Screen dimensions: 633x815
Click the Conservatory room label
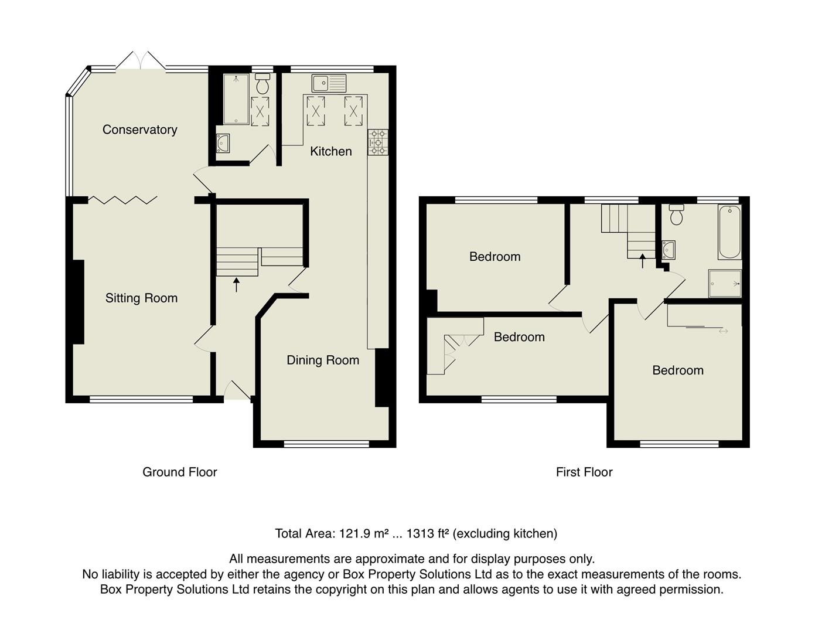pyautogui.click(x=139, y=130)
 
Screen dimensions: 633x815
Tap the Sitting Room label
pyautogui.click(x=141, y=298)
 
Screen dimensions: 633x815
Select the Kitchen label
pyautogui.click(x=330, y=151)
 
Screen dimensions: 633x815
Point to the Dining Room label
pyautogui.click(x=322, y=360)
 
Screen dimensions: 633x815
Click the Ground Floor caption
pyautogui.click(x=179, y=472)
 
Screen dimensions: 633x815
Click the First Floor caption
pyautogui.click(x=584, y=472)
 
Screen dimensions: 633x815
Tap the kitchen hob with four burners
pyautogui.click(x=378, y=142)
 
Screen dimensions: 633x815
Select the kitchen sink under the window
pyautogui.click(x=329, y=83)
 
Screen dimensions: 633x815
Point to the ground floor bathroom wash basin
pyautogui.click(x=223, y=142)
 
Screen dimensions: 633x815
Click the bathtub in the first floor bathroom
pyautogui.click(x=729, y=232)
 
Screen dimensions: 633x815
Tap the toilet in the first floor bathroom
pyautogui.click(x=677, y=215)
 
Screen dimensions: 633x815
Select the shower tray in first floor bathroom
pyautogui.click(x=725, y=284)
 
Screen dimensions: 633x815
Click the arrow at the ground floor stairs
pyautogui.click(x=236, y=285)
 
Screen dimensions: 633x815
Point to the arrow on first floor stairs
pyautogui.click(x=642, y=260)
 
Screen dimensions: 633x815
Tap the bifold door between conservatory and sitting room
pyautogui.click(x=122, y=200)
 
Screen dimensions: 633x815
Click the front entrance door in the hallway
pyautogui.click(x=237, y=390)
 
